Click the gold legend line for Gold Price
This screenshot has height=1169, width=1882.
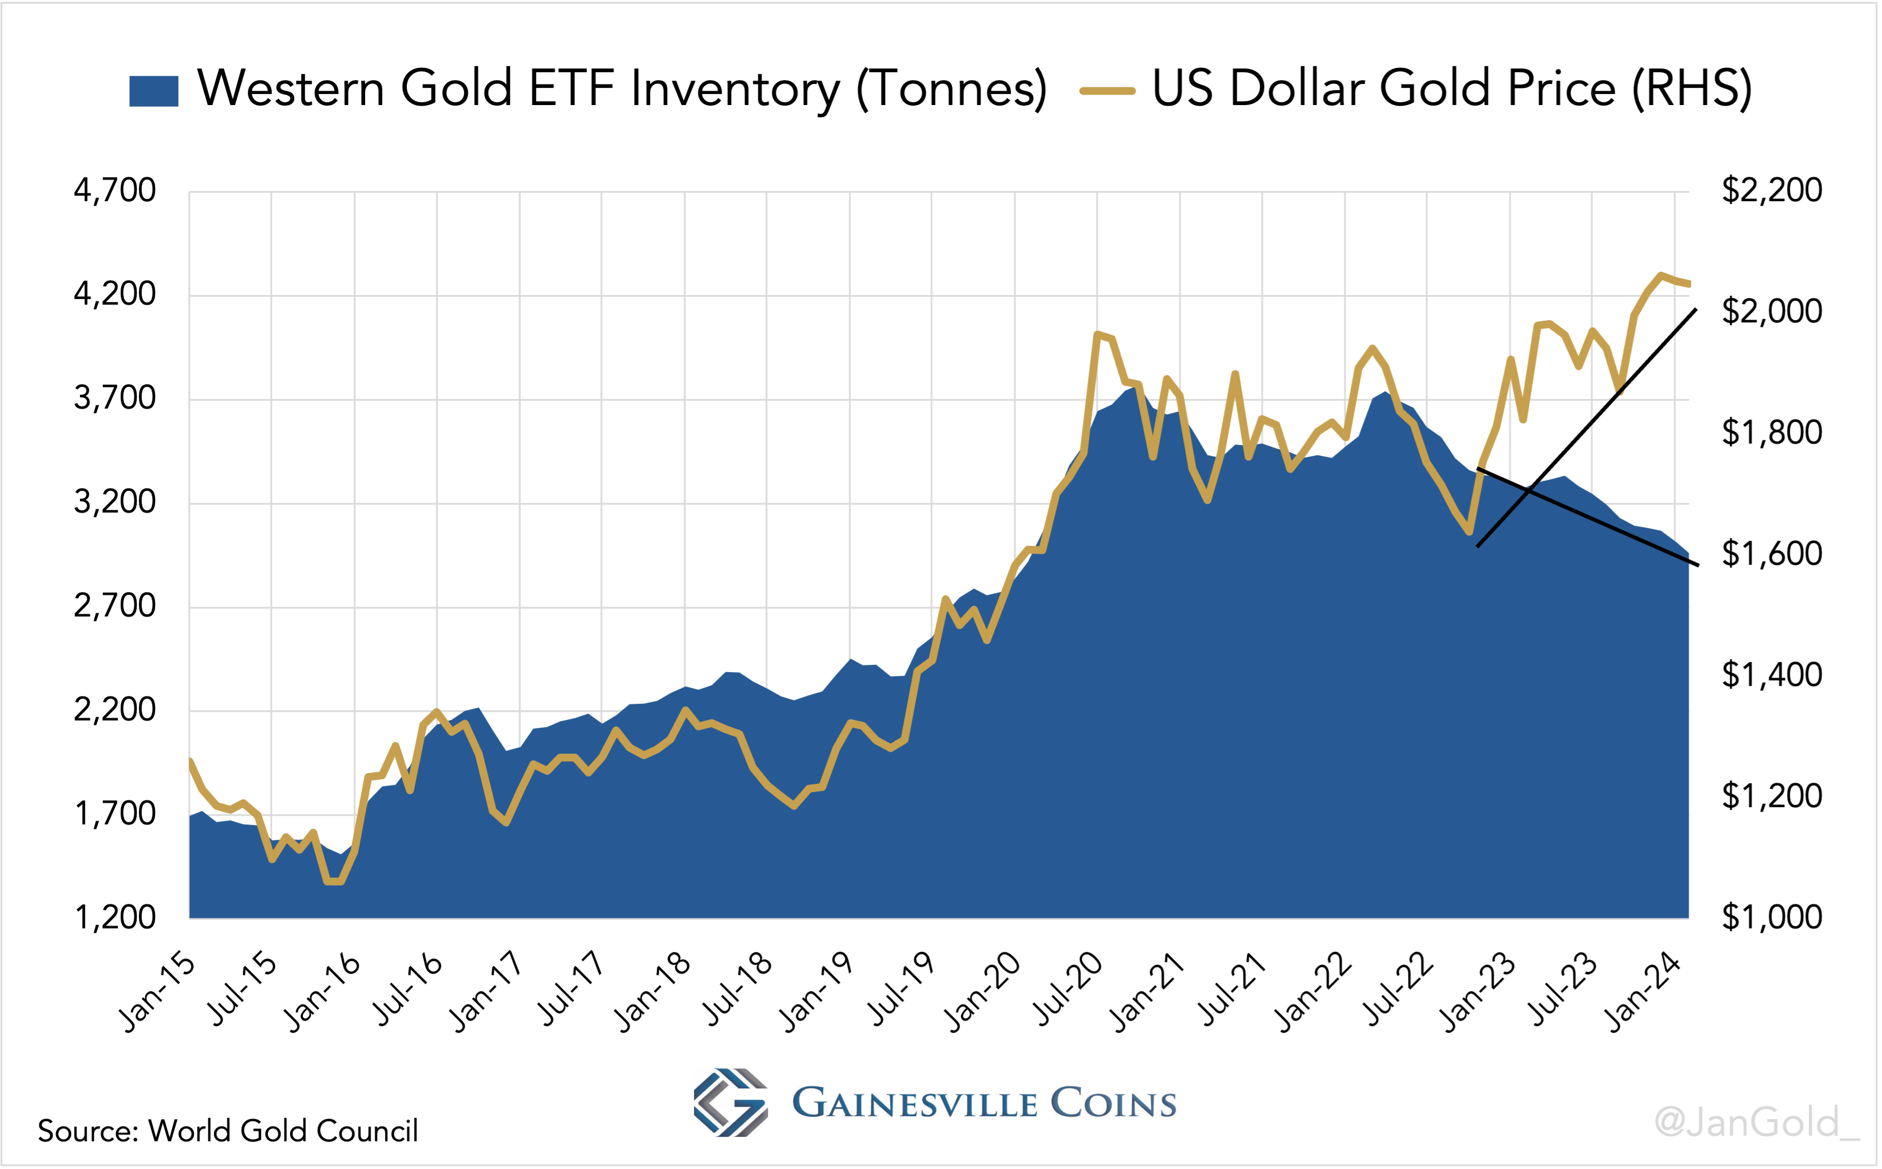pyautogui.click(x=1107, y=91)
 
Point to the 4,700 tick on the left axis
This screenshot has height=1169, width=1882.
pyautogui.click(x=114, y=190)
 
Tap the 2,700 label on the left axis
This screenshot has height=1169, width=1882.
pyautogui.click(x=114, y=605)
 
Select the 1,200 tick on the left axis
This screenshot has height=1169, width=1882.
pyautogui.click(x=114, y=917)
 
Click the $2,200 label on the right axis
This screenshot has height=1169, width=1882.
pyautogui.click(x=1771, y=190)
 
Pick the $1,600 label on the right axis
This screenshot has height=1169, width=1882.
pyautogui.click(x=1771, y=554)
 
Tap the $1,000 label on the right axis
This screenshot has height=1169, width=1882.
pyautogui.click(x=1771, y=917)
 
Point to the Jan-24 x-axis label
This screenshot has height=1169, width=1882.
pyautogui.click(x=1643, y=993)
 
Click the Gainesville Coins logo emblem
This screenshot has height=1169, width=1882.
pyautogui.click(x=730, y=1102)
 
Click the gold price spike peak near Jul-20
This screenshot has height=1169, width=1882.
pyautogui.click(x=1097, y=334)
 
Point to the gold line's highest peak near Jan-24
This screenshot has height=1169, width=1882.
pyautogui.click(x=1660, y=275)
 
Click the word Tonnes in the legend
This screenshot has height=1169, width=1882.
pyautogui.click(x=951, y=89)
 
